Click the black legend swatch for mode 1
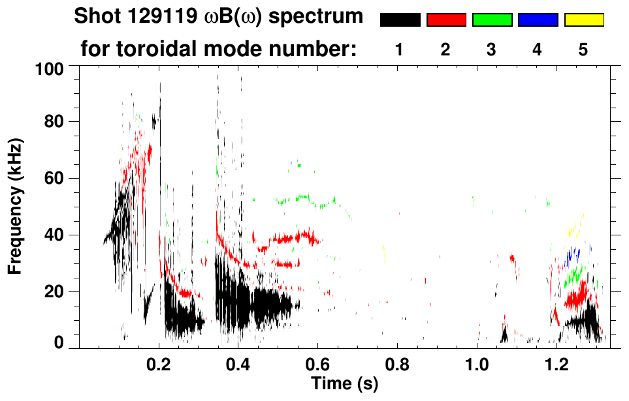(x=400, y=20)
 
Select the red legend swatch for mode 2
(x=446, y=20)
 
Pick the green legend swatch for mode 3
(x=492, y=20)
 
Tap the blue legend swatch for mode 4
(x=538, y=20)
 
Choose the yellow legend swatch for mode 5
(x=584, y=20)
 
